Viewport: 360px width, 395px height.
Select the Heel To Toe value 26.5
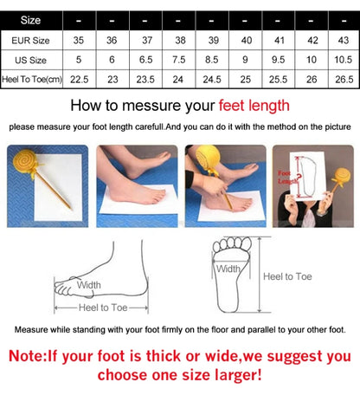(x=343, y=79)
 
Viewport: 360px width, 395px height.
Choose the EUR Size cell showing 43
(x=343, y=39)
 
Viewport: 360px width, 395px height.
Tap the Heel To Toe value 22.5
(x=79, y=79)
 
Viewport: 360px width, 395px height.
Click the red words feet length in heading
(x=253, y=107)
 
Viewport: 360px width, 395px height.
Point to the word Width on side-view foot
(x=89, y=284)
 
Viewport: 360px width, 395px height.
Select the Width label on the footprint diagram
(x=228, y=269)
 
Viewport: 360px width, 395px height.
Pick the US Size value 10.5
(x=343, y=59)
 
